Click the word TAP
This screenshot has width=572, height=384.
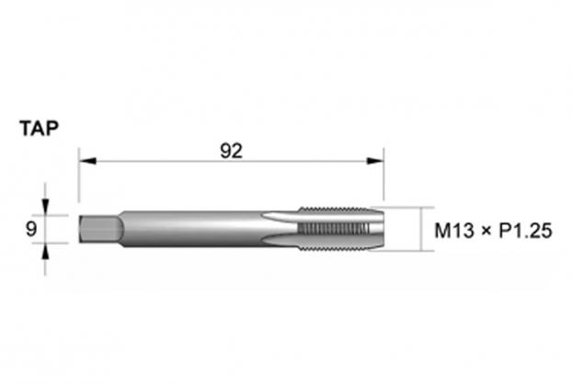click(x=39, y=129)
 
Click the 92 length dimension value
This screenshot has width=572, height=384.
click(x=231, y=151)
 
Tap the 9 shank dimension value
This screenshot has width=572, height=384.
click(x=31, y=229)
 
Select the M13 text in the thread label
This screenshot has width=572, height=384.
click(x=453, y=231)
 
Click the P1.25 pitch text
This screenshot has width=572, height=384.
click(x=525, y=231)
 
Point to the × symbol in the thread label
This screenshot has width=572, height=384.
click(x=486, y=231)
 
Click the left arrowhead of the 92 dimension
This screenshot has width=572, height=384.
click(x=87, y=161)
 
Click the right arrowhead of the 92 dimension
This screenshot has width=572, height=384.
click(x=375, y=161)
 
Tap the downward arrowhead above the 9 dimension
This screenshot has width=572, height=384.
click(x=45, y=207)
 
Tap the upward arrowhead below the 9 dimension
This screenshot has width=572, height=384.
click(x=45, y=251)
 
